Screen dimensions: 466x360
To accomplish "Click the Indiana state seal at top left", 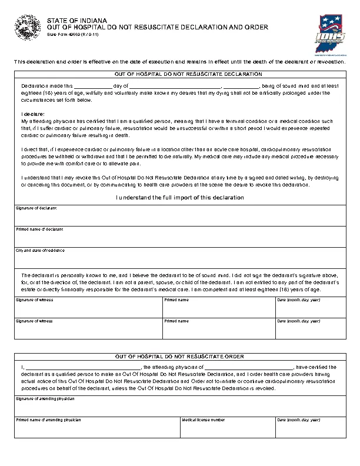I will click(26, 28).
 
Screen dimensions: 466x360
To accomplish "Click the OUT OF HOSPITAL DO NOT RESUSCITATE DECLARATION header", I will click(180, 75).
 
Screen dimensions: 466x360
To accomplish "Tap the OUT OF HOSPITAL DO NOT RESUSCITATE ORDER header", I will click(180, 357).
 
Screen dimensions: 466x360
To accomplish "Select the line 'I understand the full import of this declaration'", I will click(180, 198).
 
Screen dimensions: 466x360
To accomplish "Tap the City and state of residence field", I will click(180, 258).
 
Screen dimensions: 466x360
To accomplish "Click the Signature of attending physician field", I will click(180, 408).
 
